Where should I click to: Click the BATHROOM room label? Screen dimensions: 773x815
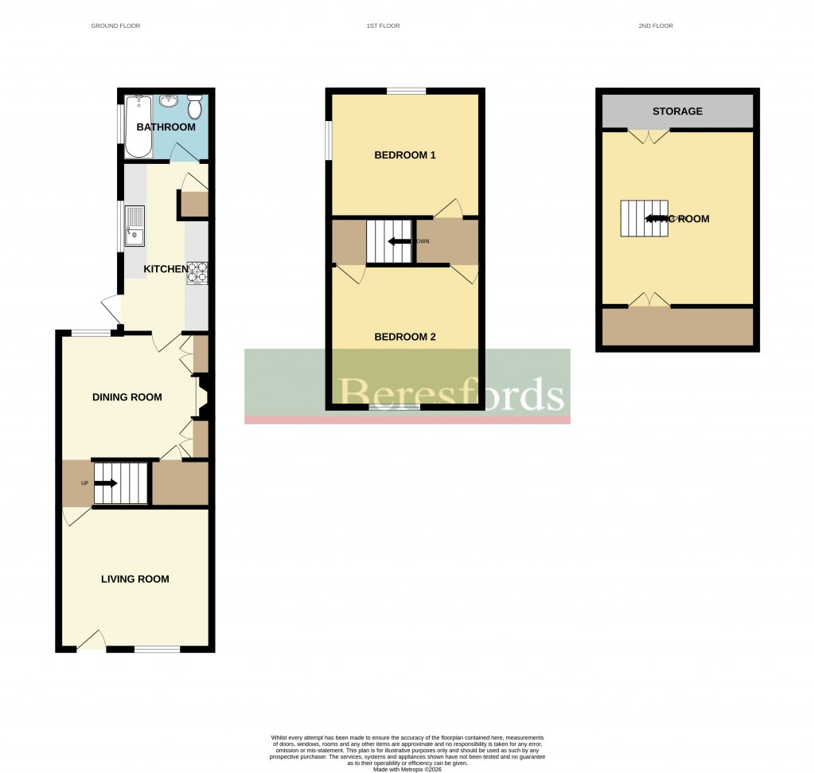pyautogui.click(x=166, y=127)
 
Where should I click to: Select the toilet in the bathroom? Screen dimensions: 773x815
pyautogui.click(x=195, y=107)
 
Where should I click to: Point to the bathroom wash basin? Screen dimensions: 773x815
pyautogui.click(x=169, y=101)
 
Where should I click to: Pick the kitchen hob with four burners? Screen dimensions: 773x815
pyautogui.click(x=197, y=273)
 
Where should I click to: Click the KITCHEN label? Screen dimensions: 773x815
pyautogui.click(x=166, y=270)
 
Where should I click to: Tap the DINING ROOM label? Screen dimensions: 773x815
pyautogui.click(x=127, y=397)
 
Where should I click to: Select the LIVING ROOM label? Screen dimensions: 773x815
pyautogui.click(x=135, y=579)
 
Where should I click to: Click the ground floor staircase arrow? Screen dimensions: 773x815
pyautogui.click(x=106, y=482)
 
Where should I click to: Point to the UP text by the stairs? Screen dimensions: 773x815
pyautogui.click(x=84, y=483)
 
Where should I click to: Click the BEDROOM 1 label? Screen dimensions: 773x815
pyautogui.click(x=405, y=155)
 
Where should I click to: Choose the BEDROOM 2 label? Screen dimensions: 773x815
pyautogui.click(x=405, y=337)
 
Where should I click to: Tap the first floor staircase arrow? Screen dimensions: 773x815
pyautogui.click(x=398, y=241)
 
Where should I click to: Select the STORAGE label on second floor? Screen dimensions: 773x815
pyautogui.click(x=677, y=111)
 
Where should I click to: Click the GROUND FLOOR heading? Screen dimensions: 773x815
pyautogui.click(x=115, y=26)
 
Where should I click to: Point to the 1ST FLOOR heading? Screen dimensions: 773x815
pyautogui.click(x=383, y=26)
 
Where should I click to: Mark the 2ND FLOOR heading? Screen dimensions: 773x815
pyautogui.click(x=656, y=26)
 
